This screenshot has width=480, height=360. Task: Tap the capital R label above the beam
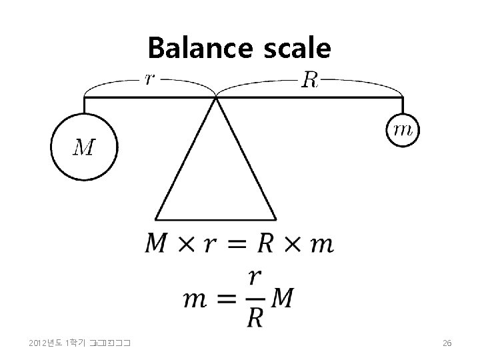pyautogui.click(x=310, y=80)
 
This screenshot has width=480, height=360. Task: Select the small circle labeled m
pyautogui.click(x=403, y=131)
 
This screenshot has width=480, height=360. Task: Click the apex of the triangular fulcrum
pyautogui.click(x=216, y=98)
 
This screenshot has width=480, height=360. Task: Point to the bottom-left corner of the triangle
pyautogui.click(x=155, y=219)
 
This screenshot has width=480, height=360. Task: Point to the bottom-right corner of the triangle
pyautogui.click(x=276, y=219)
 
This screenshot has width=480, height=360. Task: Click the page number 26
pyautogui.click(x=447, y=343)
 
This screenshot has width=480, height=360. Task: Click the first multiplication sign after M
pyautogui.click(x=185, y=245)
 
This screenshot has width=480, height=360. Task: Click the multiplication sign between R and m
pyautogui.click(x=293, y=245)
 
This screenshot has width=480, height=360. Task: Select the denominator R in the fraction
pyautogui.click(x=254, y=317)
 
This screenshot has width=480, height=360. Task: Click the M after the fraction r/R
pyautogui.click(x=281, y=299)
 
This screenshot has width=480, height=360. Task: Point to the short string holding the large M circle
pyautogui.click(x=84, y=105)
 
